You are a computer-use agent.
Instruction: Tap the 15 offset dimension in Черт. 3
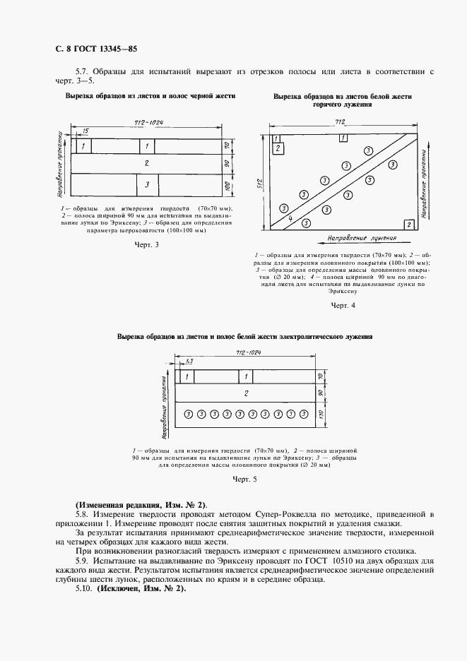point(85,131)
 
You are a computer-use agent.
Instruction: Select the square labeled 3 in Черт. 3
point(146,184)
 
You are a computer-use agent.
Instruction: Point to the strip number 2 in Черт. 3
point(146,163)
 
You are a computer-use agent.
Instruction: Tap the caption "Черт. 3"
point(146,244)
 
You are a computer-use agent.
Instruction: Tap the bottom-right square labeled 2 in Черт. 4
point(408,224)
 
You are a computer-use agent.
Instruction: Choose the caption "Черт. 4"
point(343,305)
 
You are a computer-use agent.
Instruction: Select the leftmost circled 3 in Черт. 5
point(188,414)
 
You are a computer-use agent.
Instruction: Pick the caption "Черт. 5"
point(244,480)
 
